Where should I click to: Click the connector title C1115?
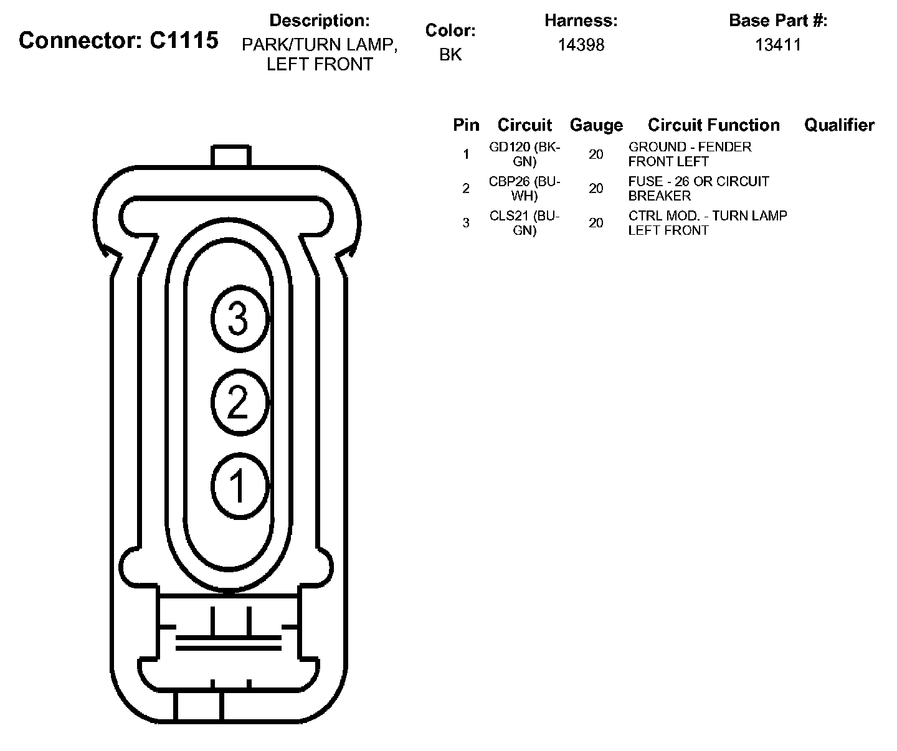(118, 40)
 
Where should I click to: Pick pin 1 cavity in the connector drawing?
(239, 485)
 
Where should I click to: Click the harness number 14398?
(581, 45)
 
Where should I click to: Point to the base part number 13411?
(778, 45)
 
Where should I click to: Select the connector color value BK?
(450, 54)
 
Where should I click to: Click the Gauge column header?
(596, 125)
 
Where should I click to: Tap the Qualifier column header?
(839, 125)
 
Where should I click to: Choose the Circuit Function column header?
(713, 125)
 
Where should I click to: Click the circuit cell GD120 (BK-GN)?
(525, 154)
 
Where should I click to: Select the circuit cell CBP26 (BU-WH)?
(525, 189)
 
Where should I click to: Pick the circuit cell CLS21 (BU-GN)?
(525, 223)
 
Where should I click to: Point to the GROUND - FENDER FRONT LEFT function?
(690, 154)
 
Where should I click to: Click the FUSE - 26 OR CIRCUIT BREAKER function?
(698, 189)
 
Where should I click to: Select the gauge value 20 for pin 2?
(596, 189)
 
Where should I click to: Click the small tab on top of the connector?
(230, 156)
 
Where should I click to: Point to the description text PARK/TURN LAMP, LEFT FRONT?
(320, 55)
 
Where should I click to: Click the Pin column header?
(466, 125)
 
